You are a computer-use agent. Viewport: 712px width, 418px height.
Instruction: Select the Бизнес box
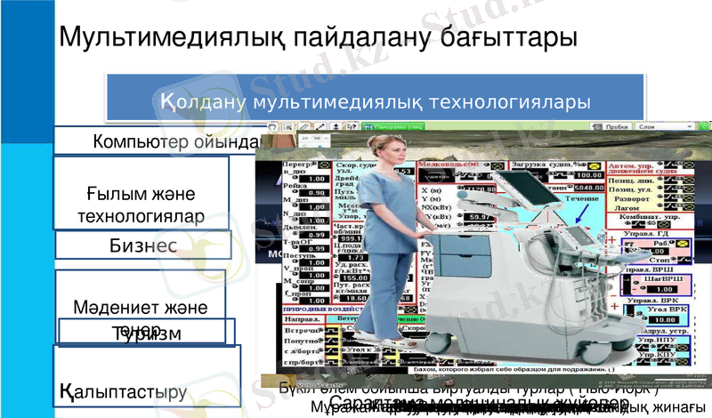coord(142,245)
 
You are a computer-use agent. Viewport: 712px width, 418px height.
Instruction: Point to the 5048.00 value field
coord(562,189)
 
